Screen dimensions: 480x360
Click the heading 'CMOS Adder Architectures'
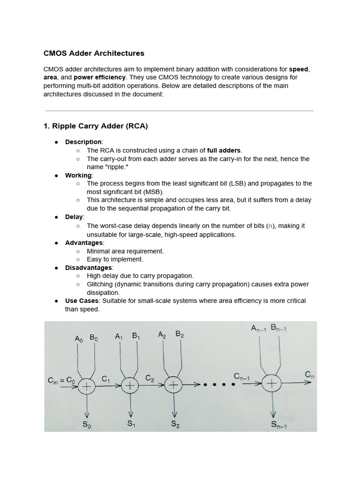tap(94, 53)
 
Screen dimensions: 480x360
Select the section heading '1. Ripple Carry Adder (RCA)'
tap(96, 126)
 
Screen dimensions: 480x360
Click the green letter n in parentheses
tap(270, 225)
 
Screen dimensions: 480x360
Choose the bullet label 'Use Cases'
tap(81, 300)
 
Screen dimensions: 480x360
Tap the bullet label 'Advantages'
tap(83, 242)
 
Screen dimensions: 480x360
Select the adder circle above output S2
tap(173, 385)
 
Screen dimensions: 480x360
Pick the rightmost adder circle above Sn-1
tap(271, 383)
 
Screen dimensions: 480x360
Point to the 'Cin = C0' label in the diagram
tap(61, 381)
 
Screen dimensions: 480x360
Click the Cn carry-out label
tap(310, 374)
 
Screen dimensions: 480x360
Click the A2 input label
tap(162, 334)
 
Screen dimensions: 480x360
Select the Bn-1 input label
tap(278, 329)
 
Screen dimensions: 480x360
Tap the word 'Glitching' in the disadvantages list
tap(102, 285)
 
